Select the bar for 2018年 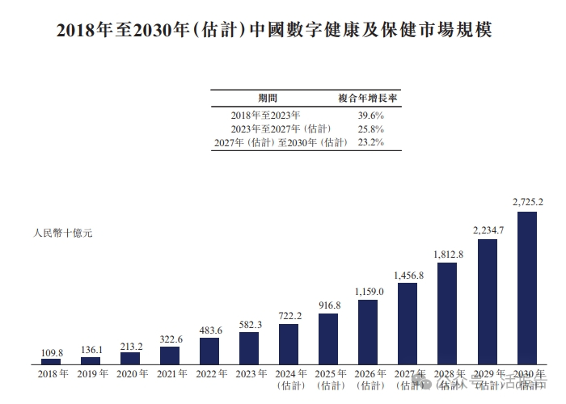point(51,361)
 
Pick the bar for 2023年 point(249,347)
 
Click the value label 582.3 point(249,324)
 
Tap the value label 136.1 point(91,351)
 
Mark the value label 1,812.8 point(448,254)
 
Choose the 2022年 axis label point(209,373)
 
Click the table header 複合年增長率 point(370,98)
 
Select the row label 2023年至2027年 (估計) point(280,128)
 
